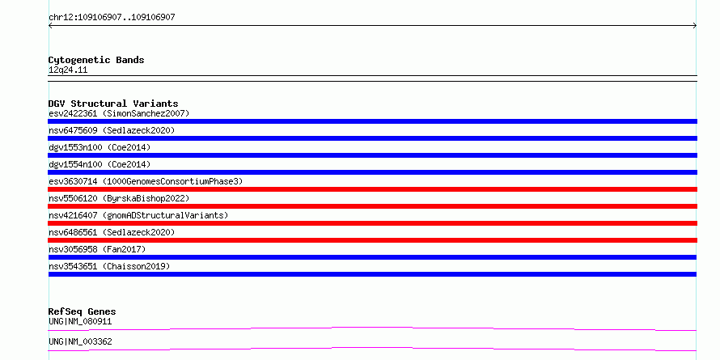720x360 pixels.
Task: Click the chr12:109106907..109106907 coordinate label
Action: (112, 18)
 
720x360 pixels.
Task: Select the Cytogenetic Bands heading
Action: (96, 60)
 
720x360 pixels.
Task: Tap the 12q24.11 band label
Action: (68, 70)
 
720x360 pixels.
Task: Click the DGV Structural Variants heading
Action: (113, 104)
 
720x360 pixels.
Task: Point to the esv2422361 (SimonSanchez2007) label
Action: (119, 113)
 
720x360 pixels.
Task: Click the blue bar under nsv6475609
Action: (372, 138)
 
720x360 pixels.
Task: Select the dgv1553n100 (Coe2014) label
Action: (100, 147)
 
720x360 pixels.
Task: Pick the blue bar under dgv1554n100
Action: (372, 172)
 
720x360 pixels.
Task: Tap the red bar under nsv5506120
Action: (372, 206)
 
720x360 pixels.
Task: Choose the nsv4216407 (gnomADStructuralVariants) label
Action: (138, 215)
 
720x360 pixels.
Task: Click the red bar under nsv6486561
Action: (372, 240)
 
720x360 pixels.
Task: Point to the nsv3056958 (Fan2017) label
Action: (97, 249)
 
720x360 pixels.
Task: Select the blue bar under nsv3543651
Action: (372, 274)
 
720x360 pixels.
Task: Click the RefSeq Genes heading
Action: (83, 311)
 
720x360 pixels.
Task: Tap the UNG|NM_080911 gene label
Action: (80, 321)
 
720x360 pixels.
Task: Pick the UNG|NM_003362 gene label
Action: (80, 341)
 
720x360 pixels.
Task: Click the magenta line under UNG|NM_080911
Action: (372, 328)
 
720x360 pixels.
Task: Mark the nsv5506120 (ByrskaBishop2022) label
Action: (119, 198)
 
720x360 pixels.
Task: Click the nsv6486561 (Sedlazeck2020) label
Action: (112, 232)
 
